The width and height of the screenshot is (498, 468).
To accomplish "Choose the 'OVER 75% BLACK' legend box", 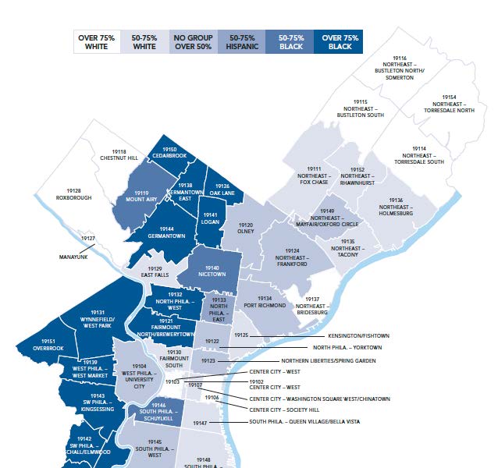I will [340, 42].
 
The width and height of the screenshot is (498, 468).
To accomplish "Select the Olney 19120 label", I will [246, 228].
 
